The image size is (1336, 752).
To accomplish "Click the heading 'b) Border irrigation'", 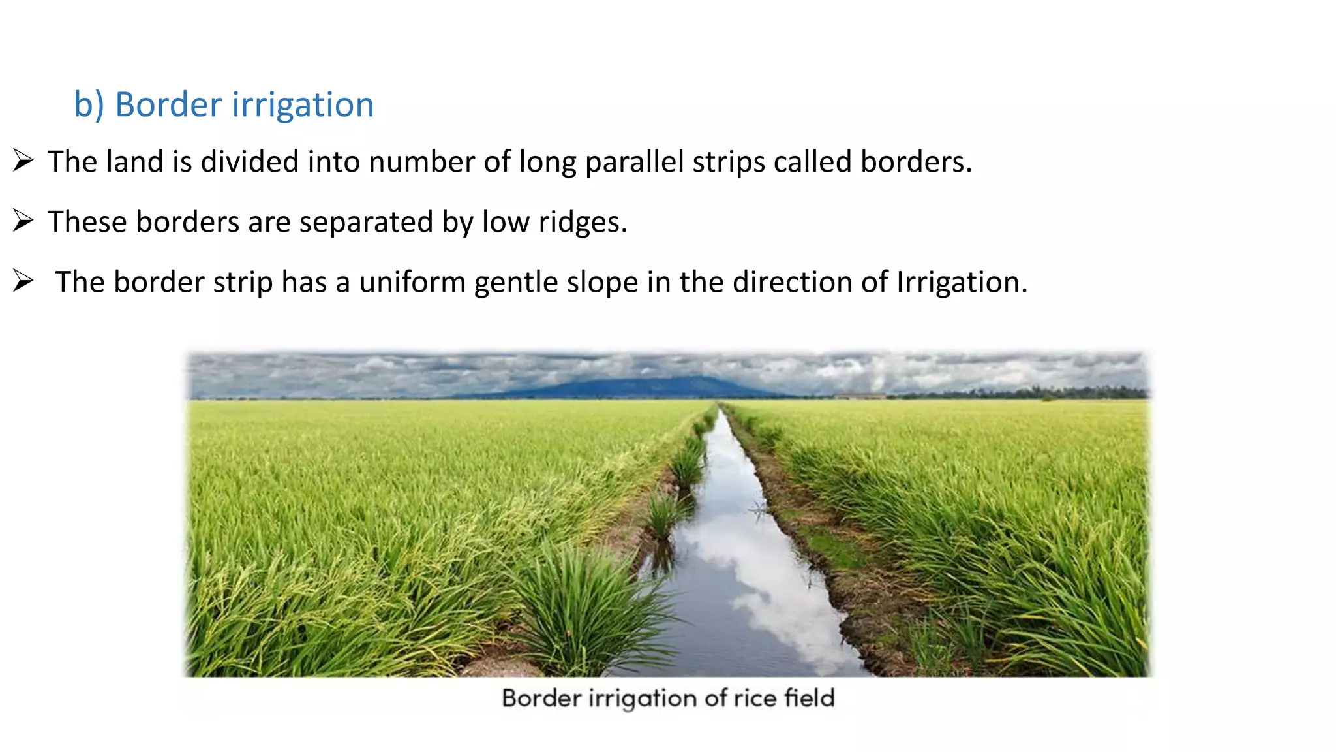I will click(224, 104).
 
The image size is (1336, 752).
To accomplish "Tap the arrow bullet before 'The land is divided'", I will click(23, 161).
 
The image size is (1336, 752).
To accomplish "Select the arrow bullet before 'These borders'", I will click(23, 221).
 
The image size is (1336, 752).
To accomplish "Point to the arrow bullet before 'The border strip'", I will click(23, 281).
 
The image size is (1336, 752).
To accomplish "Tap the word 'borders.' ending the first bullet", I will click(916, 162).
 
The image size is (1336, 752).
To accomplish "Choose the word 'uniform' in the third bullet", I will click(412, 282).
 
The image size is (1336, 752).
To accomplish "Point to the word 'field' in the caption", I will click(809, 698).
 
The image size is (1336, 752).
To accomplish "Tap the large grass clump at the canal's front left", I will click(587, 607).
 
